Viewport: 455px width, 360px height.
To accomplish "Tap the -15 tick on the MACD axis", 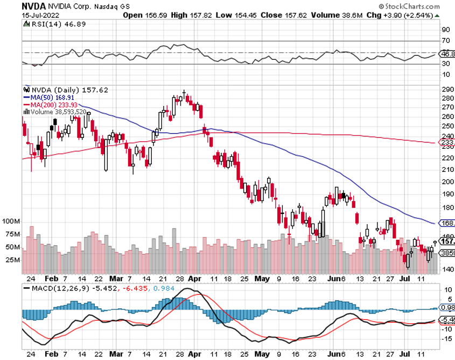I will click(x=447, y=339).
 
